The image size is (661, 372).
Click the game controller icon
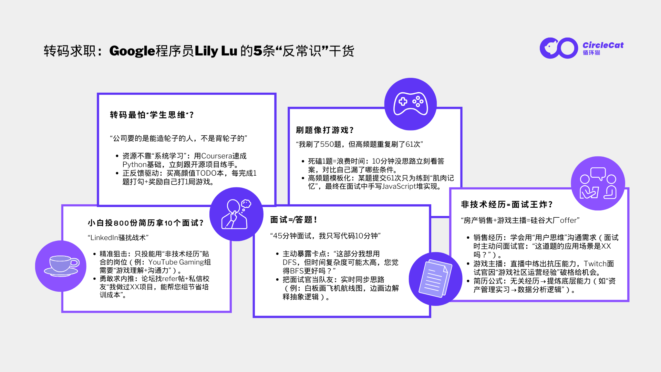coord(411,104)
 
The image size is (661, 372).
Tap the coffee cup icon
coord(61,266)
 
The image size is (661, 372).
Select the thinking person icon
coord(236,214)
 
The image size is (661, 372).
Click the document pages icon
coord(435,279)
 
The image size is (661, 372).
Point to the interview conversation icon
coord(598,183)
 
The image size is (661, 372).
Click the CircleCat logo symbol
coord(559,48)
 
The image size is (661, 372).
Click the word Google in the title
coord(132,51)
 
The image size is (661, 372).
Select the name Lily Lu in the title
coord(216,51)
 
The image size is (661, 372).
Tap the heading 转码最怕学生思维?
coord(152,115)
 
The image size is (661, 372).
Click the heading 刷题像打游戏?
coord(325,130)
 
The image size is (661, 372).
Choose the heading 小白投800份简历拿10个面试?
coord(146,223)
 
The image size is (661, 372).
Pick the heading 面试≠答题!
coord(293,220)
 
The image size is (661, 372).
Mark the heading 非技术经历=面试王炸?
coord(507,205)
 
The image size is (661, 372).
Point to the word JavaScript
coord(399,186)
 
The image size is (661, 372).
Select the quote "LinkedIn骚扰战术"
coord(118,238)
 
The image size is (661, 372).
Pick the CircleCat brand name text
coord(603,45)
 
